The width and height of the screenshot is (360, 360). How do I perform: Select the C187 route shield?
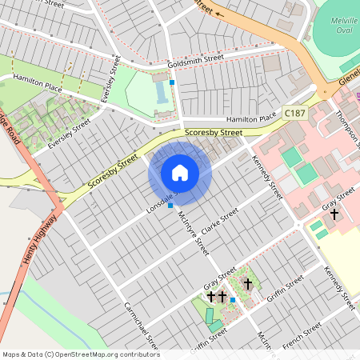pos(294,114)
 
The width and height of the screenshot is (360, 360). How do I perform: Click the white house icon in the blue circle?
pos(180,173)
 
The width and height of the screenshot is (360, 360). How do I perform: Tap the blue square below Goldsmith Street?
pos(172,82)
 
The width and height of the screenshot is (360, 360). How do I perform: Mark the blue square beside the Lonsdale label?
pos(170,206)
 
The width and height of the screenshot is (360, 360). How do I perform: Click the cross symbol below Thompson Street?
pos(334,214)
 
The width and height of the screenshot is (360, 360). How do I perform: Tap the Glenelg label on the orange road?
pos(349,80)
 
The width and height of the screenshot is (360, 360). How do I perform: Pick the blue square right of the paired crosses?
pos(232,300)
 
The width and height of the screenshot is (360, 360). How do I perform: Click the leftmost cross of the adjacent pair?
pos(211,297)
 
